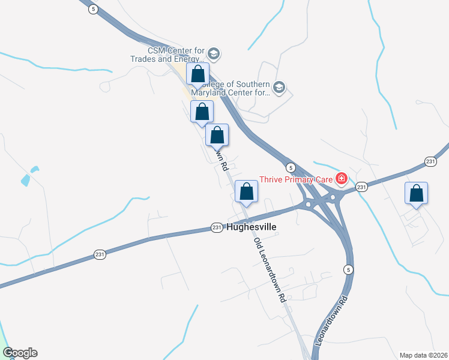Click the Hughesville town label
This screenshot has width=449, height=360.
point(252,227)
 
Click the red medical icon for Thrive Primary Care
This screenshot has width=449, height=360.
point(342,178)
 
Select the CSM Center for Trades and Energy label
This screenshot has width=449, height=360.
point(168,55)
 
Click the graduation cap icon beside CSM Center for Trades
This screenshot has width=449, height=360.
point(213,55)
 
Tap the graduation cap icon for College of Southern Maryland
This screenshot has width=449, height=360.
point(279,88)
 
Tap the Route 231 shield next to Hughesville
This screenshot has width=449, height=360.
point(217,227)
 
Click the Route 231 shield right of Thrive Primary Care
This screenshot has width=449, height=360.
point(361,187)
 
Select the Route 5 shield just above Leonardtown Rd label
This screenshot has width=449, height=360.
point(349,269)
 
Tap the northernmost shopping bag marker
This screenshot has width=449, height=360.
point(198,75)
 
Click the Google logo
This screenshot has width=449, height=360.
point(20,353)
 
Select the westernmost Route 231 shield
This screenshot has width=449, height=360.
point(100,255)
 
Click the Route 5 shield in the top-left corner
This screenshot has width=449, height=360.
point(92,9)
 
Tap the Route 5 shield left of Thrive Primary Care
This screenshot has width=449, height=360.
point(290,167)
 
